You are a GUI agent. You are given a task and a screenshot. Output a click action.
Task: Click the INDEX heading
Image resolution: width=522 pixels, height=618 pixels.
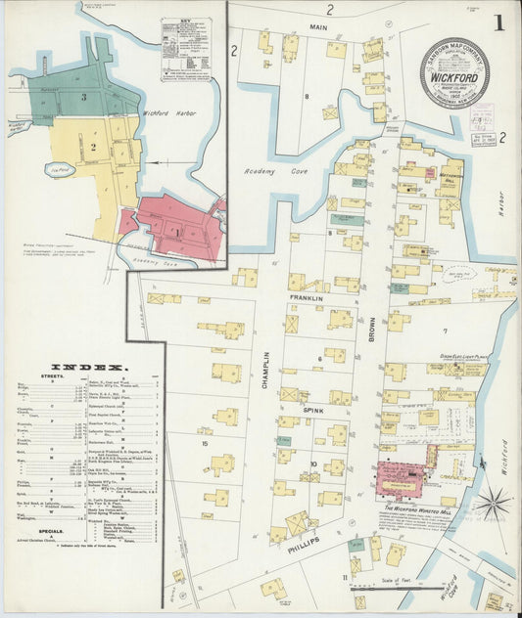(x=86, y=367)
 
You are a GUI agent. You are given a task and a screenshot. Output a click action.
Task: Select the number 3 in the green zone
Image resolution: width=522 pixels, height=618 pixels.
(x=84, y=96)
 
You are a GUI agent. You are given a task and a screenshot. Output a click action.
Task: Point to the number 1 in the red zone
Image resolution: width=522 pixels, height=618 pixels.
(x=177, y=231)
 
